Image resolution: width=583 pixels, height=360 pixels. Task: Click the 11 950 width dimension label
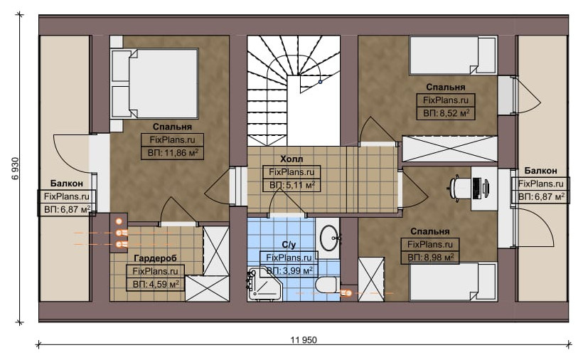pyautogui.click(x=304, y=340)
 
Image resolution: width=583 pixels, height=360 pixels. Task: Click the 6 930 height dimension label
pyautogui.click(x=16, y=169)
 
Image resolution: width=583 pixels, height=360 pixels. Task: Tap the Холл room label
pyautogui.click(x=291, y=159)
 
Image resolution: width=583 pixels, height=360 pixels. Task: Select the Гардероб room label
pyautogui.click(x=156, y=258)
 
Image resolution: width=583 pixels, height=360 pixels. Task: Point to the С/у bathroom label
pyautogui.click(x=289, y=244)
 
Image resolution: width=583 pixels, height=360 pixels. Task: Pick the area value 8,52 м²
pyautogui.click(x=446, y=112)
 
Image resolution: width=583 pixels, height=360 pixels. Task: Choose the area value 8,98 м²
pyautogui.click(x=430, y=257)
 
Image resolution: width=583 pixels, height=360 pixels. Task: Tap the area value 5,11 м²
pyautogui.click(x=292, y=185)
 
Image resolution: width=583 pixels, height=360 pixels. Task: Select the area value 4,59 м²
pyautogui.click(x=156, y=285)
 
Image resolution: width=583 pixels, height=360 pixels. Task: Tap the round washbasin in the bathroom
pyautogui.click(x=330, y=238)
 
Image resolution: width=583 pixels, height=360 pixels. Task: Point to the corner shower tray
pyautogui.click(x=264, y=285)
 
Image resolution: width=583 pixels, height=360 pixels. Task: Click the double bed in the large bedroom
pyautogui.click(x=155, y=84)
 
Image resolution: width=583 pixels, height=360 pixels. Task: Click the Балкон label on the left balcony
pyautogui.click(x=67, y=184)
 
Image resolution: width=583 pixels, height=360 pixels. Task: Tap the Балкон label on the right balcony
pyautogui.click(x=540, y=171)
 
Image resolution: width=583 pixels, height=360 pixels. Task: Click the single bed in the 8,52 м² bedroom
pyautogui.click(x=453, y=55)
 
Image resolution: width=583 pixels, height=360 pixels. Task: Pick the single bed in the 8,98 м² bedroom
pyautogui.click(x=453, y=282)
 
